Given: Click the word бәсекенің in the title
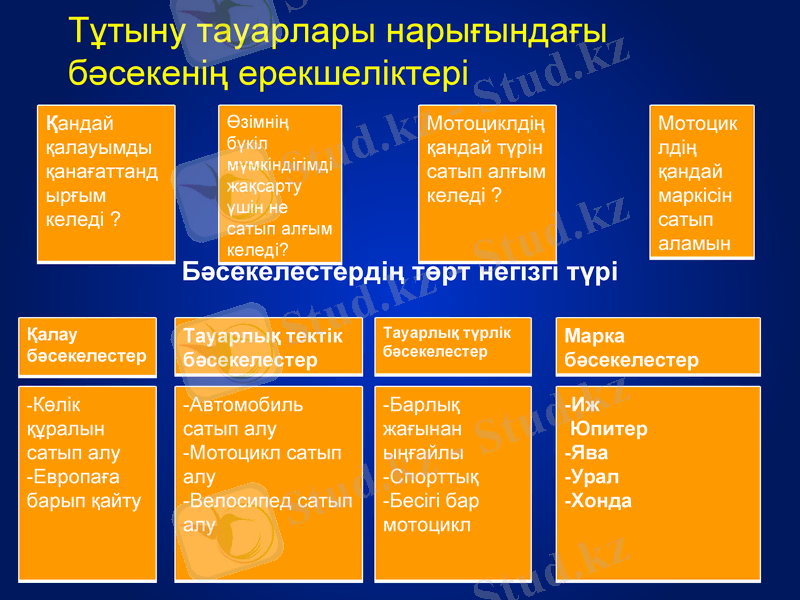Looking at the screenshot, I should (149, 72).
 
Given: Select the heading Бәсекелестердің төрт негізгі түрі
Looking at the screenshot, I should (400, 272).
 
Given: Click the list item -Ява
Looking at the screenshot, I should (588, 453).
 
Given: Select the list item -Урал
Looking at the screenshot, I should (592, 477).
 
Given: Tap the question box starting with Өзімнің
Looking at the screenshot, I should (279, 183).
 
